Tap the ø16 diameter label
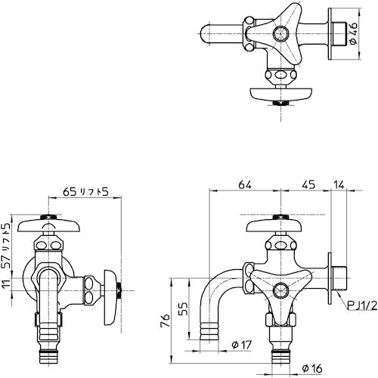[x=311, y=369]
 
